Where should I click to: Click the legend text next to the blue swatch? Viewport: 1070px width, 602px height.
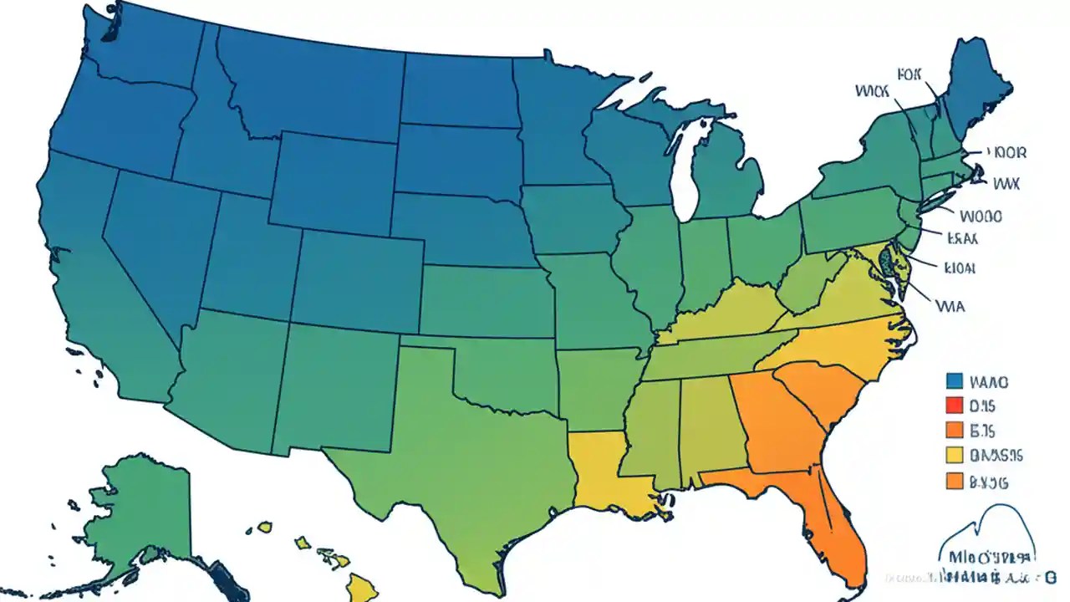pyautogui.click(x=989, y=382)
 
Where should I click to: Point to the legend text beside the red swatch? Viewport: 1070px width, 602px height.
pyautogui.click(x=981, y=406)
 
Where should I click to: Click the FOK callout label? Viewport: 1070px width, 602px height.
pyautogui.click(x=908, y=74)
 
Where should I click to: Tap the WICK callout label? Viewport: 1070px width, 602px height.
pyautogui.click(x=874, y=89)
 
